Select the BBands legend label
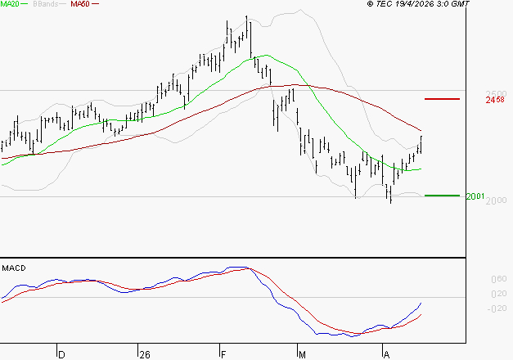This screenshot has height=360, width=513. [46, 4]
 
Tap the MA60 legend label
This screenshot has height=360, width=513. [80, 4]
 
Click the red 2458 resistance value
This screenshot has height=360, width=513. [494, 100]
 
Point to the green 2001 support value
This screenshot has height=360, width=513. [475, 196]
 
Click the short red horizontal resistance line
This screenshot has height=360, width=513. [443, 99]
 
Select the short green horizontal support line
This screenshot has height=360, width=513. [443, 196]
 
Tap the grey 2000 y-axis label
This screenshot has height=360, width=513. [496, 201]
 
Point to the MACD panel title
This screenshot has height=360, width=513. [14, 268]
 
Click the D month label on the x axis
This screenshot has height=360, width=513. [61, 354]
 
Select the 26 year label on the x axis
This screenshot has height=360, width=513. [145, 354]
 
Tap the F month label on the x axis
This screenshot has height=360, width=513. [223, 354]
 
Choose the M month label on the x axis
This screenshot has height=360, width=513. [302, 354]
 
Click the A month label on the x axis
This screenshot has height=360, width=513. [385, 354]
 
